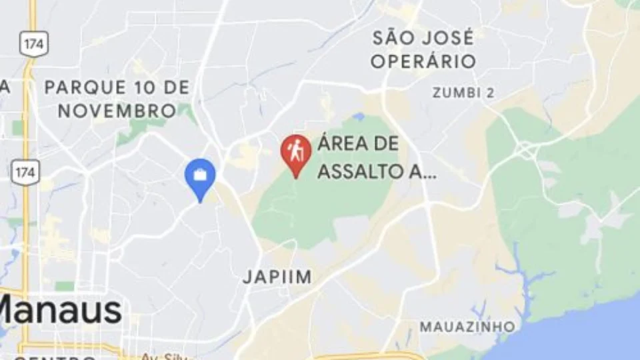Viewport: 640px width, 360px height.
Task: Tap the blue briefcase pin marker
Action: pos(199,177)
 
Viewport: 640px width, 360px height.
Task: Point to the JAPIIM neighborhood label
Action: pos(277,277)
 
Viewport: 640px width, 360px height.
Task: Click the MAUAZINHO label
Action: pos(467,327)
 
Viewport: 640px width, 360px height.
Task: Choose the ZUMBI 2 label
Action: pos(463,93)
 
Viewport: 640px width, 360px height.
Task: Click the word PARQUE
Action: pos(85,87)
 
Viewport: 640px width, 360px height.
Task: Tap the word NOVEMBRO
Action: pos(117,111)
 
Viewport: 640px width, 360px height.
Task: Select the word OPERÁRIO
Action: pos(423,62)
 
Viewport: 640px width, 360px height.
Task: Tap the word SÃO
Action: pos(393,37)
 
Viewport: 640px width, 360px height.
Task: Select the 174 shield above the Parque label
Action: pos(31,44)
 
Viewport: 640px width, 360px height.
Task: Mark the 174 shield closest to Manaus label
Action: pos(25,172)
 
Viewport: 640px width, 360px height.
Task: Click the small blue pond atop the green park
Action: pos(359,117)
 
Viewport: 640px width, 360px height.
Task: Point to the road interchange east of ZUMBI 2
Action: pos(526,150)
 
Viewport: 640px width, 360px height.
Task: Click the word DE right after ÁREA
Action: pos(387,144)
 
